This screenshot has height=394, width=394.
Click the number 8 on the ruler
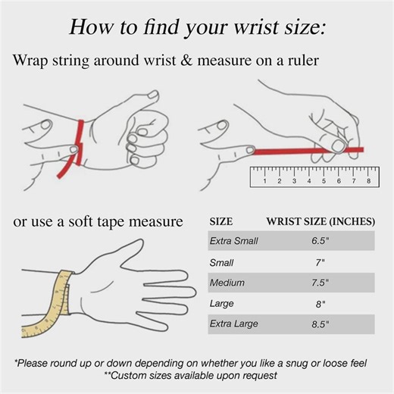tap(368, 181)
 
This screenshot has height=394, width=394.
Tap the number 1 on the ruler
tap(264, 181)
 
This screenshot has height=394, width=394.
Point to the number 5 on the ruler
tap(324, 181)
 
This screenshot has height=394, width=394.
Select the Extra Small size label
tap(233, 241)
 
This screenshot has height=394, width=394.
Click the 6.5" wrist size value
tap(321, 241)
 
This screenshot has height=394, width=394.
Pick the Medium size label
tap(227, 283)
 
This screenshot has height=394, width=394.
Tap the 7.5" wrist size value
tap(320, 283)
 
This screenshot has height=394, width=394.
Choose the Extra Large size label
tap(234, 324)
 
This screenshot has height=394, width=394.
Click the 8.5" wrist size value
tap(321, 324)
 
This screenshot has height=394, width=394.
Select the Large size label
tap(221, 304)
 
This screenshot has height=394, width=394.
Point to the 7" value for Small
tap(320, 263)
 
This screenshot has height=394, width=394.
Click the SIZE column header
tap(221, 221)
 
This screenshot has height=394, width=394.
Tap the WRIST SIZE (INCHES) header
tap(321, 221)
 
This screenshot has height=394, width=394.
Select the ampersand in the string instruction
tap(186, 61)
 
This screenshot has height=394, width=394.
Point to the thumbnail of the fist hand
tap(153, 95)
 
